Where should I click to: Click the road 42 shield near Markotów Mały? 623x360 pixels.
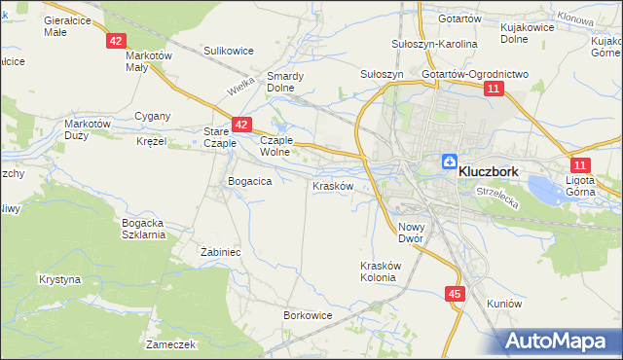tap(116, 41)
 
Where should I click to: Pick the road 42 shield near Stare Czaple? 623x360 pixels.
tap(242, 125)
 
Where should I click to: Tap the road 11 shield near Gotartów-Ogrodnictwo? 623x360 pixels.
tap(495, 89)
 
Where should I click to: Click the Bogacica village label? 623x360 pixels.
tap(248, 181)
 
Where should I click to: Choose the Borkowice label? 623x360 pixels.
tap(309, 315)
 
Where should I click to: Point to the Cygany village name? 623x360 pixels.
tap(153, 116)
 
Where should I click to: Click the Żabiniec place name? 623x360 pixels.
tap(220, 251)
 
